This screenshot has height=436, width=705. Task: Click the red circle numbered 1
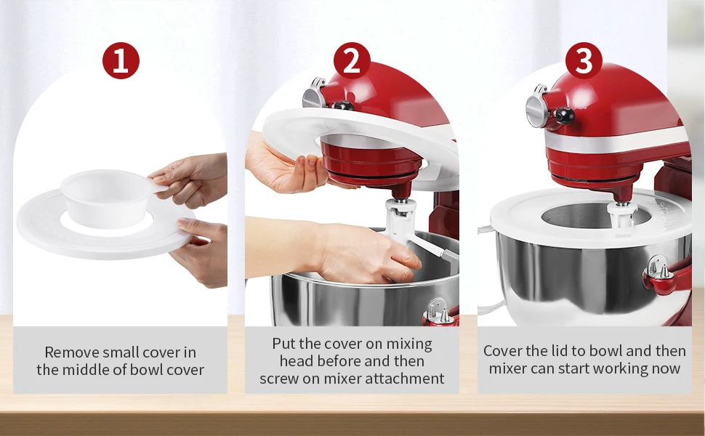(121, 61)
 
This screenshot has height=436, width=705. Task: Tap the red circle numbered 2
(352, 61)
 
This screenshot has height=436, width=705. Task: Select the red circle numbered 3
(584, 61)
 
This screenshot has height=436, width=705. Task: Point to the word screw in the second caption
(280, 379)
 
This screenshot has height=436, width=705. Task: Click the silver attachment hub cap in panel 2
(313, 94)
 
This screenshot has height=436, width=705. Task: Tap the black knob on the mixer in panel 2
(342, 106)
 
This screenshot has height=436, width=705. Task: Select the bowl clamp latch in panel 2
(438, 312)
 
